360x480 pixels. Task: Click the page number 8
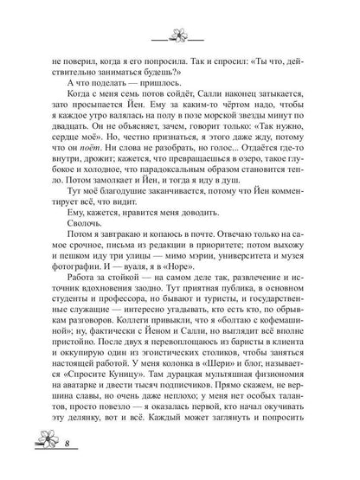click(x=43, y=468)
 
